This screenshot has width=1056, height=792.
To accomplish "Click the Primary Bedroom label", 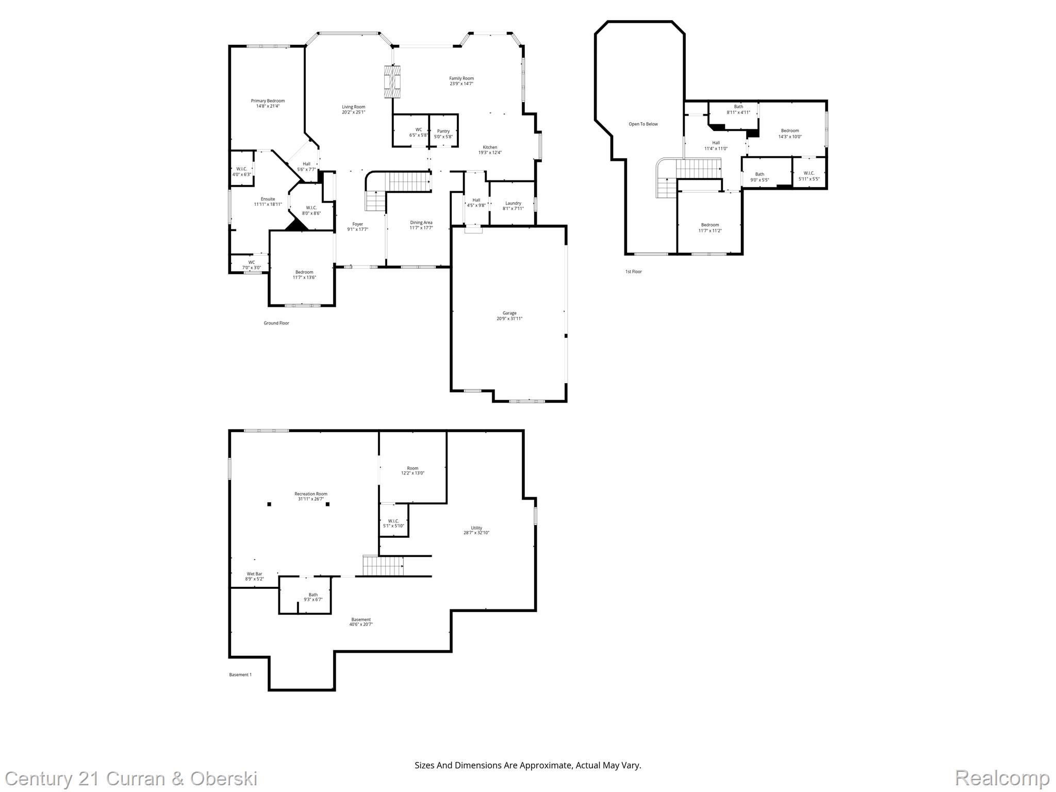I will pos(268,101).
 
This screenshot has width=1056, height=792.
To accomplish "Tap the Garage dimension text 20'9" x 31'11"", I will pos(509,319).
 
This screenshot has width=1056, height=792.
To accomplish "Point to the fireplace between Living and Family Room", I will pos(392,81).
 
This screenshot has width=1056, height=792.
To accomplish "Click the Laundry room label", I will pos(513,203).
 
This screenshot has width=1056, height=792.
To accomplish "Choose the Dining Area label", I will pos(421,223).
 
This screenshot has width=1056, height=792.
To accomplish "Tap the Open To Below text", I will pos(643,124).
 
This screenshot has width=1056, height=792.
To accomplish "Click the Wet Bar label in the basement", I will pos(254,574).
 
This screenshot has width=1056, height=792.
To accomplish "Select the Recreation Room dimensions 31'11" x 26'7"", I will pos(311,499).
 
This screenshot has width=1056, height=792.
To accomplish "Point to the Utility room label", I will pos(476,528).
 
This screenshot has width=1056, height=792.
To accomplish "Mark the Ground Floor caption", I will pos(276,323).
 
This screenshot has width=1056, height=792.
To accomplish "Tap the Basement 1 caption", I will pos(240,674).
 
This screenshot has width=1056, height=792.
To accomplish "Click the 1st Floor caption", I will pos(633,272).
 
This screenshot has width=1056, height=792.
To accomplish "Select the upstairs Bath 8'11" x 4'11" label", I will pos(738,107).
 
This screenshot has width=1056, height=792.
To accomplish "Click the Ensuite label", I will pos(268,199).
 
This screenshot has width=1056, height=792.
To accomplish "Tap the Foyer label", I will pos(357,224).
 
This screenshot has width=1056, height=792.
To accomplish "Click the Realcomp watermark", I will pos(1002,778).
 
